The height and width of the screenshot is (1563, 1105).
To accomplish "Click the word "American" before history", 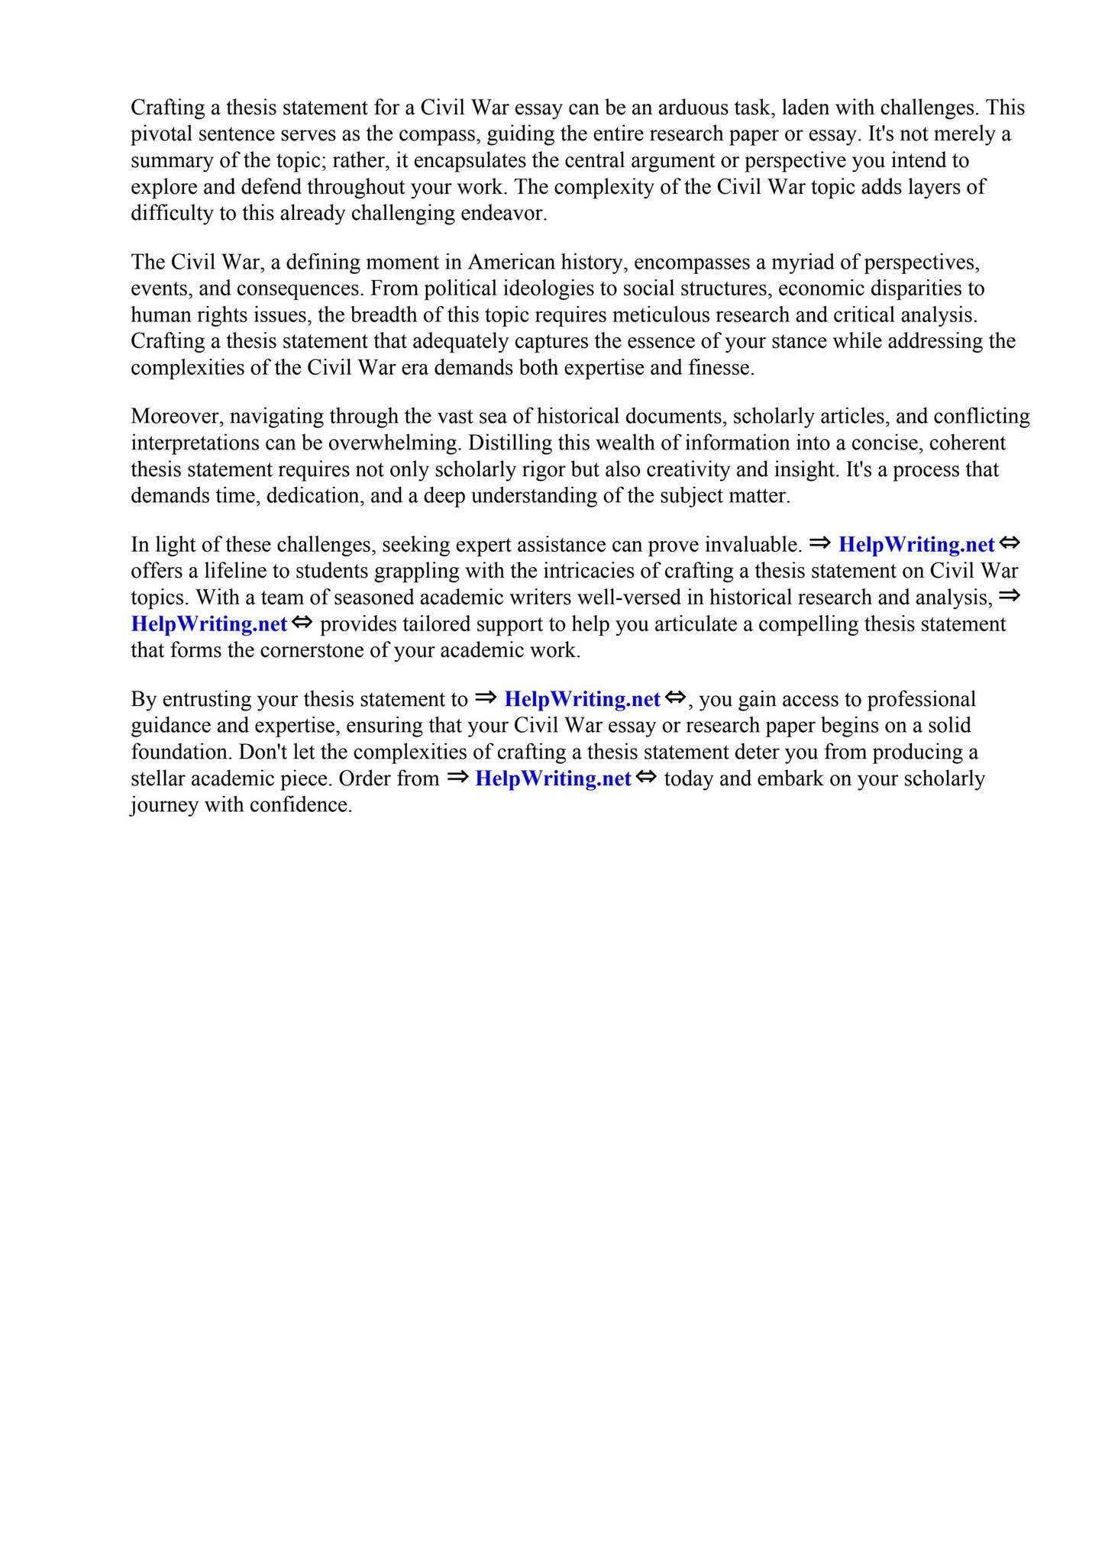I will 511,263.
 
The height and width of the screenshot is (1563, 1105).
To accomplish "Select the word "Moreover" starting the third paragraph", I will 175,417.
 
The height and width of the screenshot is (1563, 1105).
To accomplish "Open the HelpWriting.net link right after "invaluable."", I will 916,545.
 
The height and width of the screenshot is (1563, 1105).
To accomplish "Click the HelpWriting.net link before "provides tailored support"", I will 209,624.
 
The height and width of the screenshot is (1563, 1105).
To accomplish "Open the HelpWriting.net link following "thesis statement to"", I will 582,700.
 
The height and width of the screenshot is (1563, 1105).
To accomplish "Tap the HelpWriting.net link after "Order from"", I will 553,779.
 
